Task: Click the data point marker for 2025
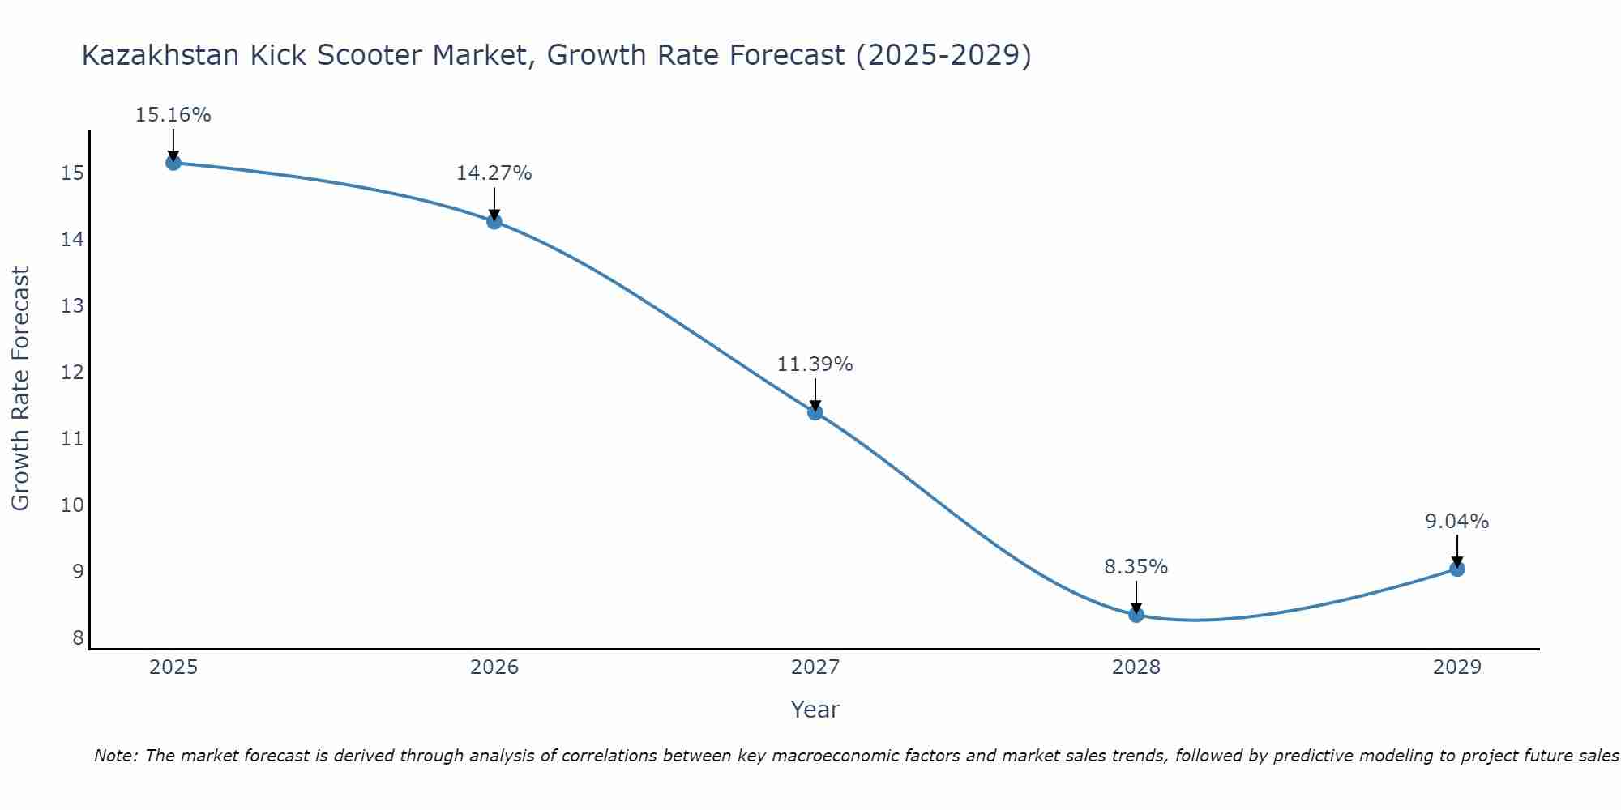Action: (173, 163)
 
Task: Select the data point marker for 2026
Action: (494, 221)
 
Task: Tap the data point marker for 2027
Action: (815, 412)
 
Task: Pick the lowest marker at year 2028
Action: (1136, 615)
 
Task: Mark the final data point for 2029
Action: (1457, 569)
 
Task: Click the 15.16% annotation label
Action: (173, 115)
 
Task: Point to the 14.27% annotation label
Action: (494, 173)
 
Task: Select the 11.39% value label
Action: (815, 364)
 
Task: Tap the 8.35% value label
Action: (1136, 567)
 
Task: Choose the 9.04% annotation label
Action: (1457, 522)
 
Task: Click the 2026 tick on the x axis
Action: (494, 667)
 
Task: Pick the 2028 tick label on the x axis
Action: (1136, 667)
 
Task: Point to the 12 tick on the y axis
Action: (73, 373)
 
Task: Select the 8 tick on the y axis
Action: (78, 638)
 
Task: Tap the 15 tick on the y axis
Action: (73, 173)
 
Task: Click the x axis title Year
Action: (815, 710)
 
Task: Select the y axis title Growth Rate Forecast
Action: (21, 389)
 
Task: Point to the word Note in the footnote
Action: (116, 756)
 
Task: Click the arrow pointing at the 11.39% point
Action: (815, 394)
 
